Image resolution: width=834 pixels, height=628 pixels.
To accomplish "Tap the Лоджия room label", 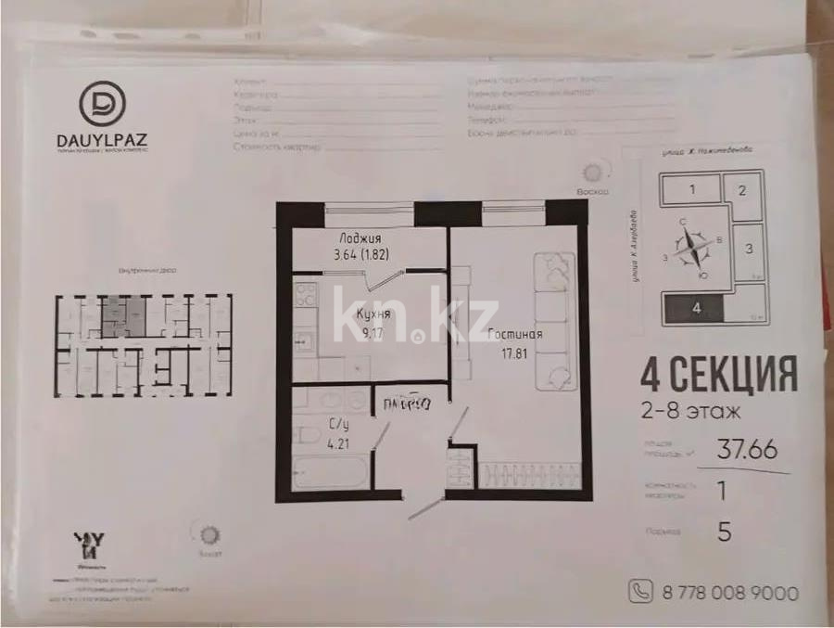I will click(x=360, y=237).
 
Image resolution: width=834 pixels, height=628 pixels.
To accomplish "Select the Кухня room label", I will click(x=373, y=314).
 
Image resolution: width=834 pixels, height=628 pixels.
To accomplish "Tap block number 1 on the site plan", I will click(x=691, y=191).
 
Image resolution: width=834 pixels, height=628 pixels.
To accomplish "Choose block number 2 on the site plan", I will click(x=743, y=191).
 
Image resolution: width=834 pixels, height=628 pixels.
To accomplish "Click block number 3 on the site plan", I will click(x=749, y=248).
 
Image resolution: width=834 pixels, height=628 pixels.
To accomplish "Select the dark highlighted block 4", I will click(x=694, y=308).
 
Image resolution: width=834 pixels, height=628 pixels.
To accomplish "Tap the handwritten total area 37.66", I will click(x=748, y=450).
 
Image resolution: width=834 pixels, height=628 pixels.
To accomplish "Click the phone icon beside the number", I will click(x=640, y=591).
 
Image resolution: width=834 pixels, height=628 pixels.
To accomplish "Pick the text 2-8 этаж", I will click(x=689, y=408).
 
